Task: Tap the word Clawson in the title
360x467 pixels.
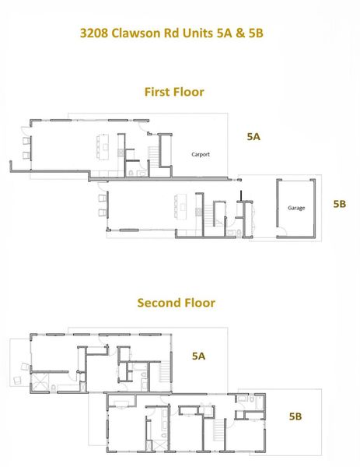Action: (x=138, y=33)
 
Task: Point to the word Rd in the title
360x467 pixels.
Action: (x=173, y=33)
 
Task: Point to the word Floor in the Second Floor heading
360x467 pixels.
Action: (x=198, y=302)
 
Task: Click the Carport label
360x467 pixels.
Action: (x=201, y=154)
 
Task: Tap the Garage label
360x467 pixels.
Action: (x=296, y=208)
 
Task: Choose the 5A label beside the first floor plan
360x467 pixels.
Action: (x=253, y=136)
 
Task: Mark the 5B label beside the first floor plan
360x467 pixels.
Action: (x=339, y=204)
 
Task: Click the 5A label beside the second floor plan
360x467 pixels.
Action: (x=198, y=356)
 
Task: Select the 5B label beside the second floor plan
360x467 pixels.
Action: (x=295, y=416)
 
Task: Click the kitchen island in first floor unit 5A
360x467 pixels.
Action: (x=102, y=146)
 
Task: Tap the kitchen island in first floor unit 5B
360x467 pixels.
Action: (x=177, y=207)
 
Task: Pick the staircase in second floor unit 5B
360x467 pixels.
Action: (x=215, y=430)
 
